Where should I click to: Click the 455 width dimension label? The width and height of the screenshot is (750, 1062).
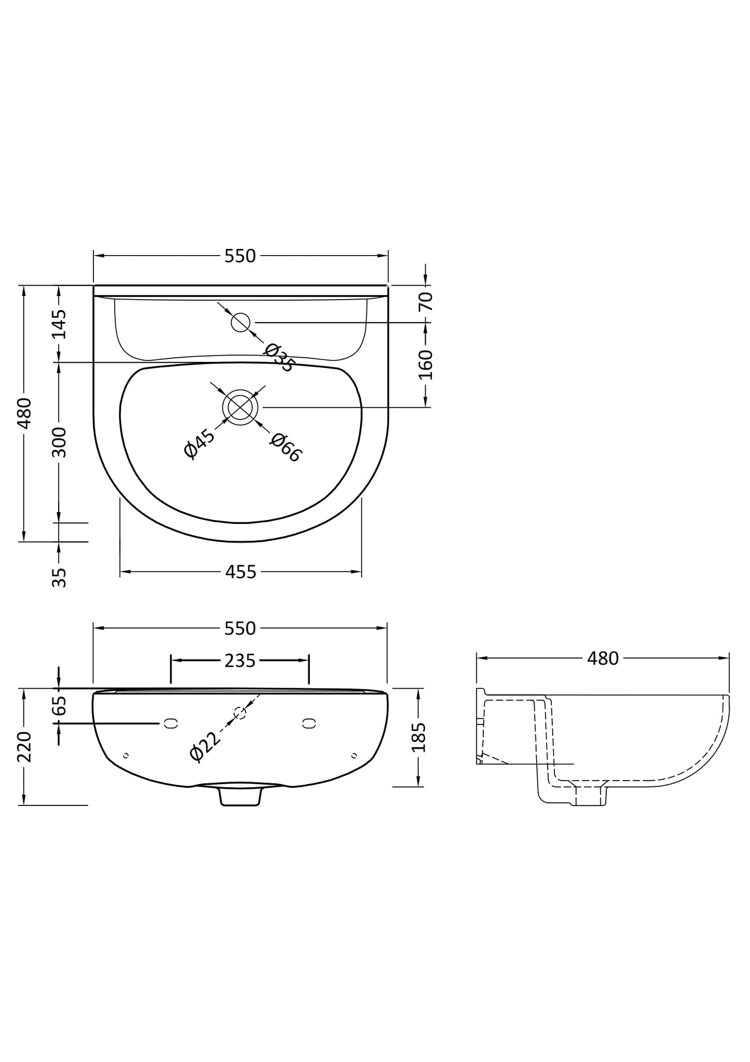[241, 572]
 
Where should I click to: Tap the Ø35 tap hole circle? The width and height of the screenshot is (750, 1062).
[240, 322]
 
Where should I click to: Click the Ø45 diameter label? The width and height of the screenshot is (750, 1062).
[199, 443]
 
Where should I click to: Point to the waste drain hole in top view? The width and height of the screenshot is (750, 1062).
[240, 407]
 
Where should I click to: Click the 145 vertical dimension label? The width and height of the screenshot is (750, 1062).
[60, 324]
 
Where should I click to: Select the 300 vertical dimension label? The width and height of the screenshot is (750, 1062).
[60, 442]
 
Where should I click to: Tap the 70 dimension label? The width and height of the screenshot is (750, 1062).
[426, 301]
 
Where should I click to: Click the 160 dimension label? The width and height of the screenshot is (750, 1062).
[426, 365]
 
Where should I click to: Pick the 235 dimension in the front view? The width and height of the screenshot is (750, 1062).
[240, 661]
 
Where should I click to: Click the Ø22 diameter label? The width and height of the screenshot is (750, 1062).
[205, 746]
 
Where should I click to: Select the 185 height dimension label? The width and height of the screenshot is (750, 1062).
[418, 737]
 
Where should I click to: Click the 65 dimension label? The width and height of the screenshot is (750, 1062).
[60, 705]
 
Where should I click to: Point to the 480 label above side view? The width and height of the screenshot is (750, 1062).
[603, 658]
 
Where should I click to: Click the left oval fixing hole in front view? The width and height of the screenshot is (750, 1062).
[171, 723]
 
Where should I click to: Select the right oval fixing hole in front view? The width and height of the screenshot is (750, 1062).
[309, 723]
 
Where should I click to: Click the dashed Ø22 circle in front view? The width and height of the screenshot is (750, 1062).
[240, 713]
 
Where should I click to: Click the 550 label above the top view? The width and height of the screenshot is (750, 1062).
[240, 256]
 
